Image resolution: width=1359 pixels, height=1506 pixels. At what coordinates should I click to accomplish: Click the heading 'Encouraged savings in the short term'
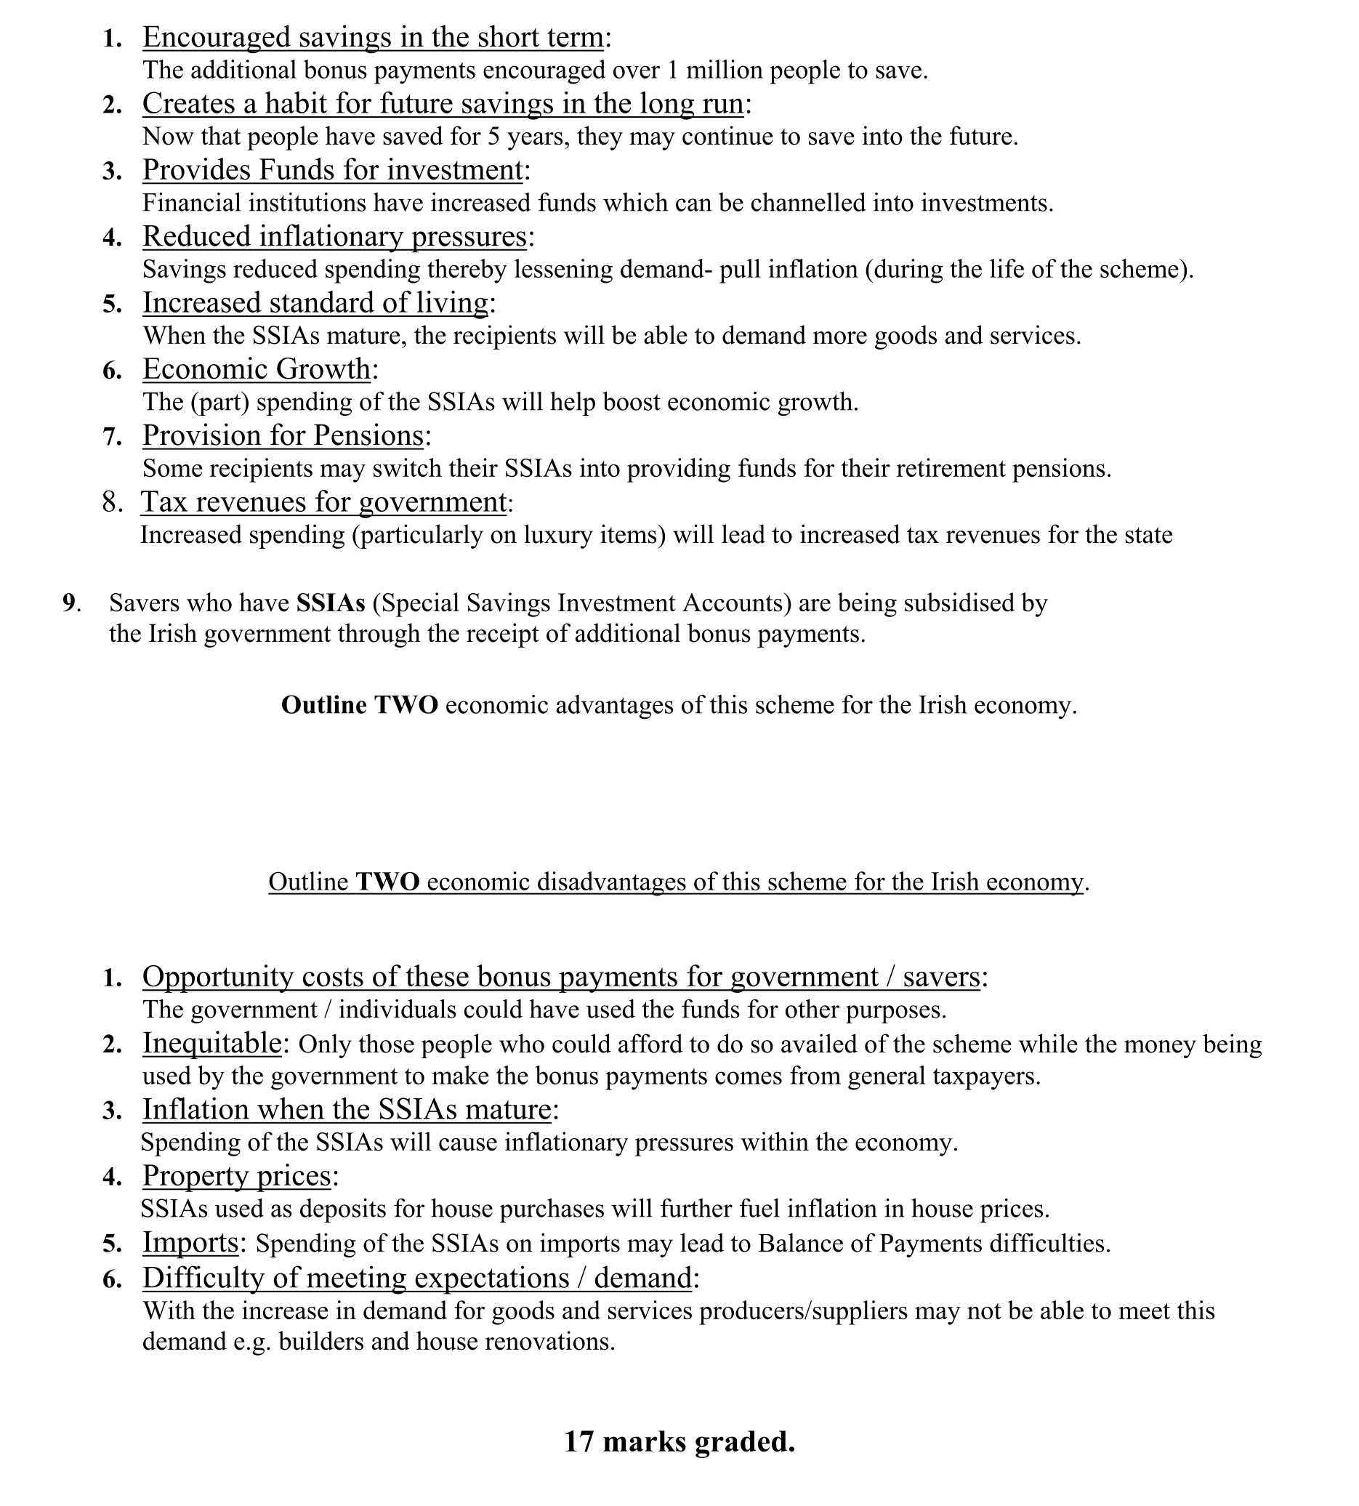click(373, 37)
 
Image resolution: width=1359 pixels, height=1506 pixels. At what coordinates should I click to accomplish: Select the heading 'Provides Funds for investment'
click(332, 170)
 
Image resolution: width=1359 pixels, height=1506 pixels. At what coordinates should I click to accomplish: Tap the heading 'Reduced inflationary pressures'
click(334, 237)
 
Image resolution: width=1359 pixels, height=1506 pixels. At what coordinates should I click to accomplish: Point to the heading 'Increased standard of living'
click(316, 303)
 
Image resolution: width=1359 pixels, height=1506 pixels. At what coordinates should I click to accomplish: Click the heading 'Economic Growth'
click(256, 369)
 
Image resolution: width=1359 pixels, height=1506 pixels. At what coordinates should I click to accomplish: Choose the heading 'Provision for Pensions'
click(283, 435)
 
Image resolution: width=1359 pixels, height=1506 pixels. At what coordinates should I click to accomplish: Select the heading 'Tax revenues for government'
click(323, 502)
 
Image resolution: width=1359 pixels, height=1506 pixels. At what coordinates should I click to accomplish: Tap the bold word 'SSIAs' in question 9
click(331, 603)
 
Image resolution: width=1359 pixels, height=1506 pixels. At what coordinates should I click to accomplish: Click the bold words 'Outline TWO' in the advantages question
click(359, 705)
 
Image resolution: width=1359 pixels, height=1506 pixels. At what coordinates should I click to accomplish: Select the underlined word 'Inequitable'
click(211, 1043)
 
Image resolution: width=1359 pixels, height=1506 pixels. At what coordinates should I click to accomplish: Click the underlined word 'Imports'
click(190, 1242)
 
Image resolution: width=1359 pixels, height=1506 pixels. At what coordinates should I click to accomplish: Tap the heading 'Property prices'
click(237, 1176)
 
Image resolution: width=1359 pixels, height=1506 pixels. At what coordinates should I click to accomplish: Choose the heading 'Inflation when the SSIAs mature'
click(347, 1110)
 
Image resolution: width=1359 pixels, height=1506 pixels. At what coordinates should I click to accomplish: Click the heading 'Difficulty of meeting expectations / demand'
click(416, 1278)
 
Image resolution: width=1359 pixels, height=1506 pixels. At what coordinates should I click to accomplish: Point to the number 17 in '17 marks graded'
click(579, 1441)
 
